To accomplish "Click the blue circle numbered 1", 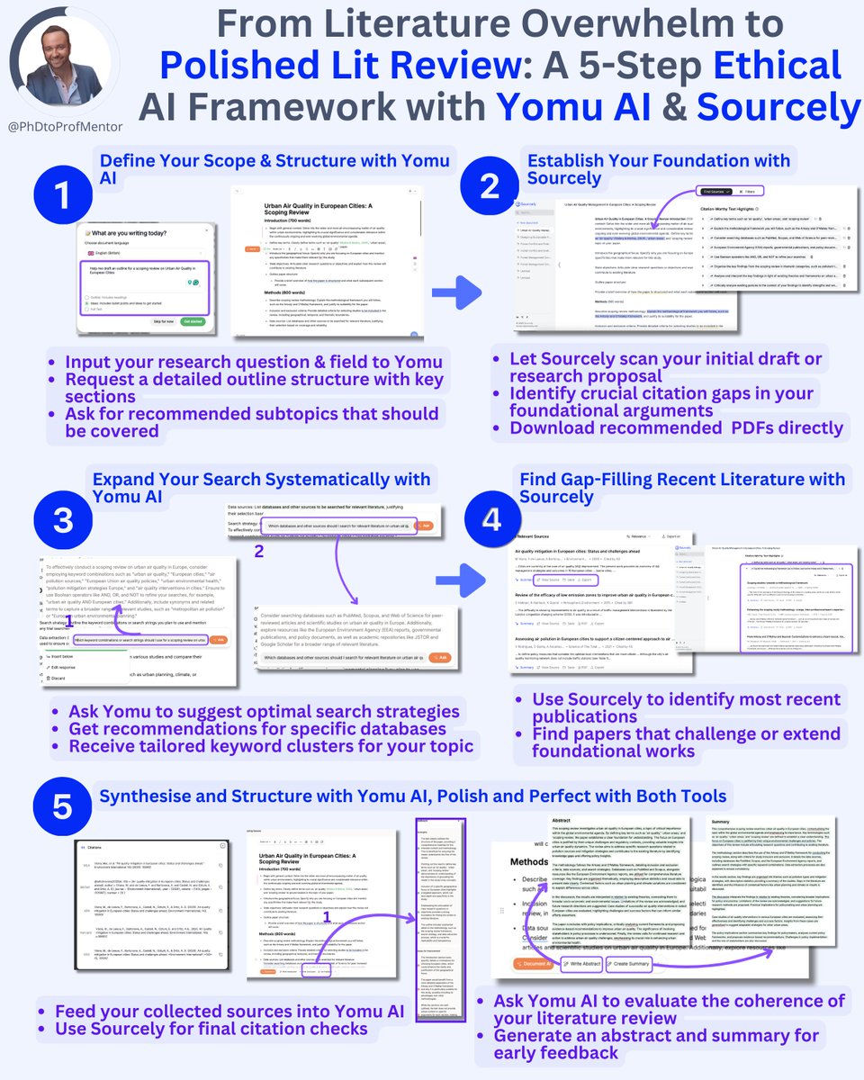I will pyautogui.click(x=61, y=195).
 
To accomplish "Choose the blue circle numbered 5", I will pyautogui.click(x=61, y=806).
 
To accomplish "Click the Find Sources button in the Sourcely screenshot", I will pyautogui.click(x=715, y=192).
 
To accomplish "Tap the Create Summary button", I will pyautogui.click(x=631, y=964).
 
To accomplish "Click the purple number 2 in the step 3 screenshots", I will pyautogui.click(x=259, y=552).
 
